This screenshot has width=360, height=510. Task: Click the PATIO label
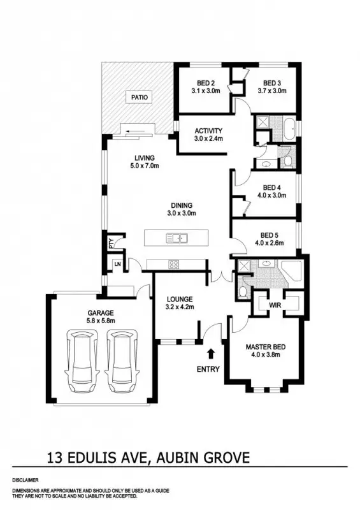click(x=140, y=98)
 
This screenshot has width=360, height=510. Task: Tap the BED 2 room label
click(x=205, y=83)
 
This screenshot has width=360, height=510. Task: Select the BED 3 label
click(x=272, y=83)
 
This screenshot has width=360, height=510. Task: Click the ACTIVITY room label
click(x=208, y=131)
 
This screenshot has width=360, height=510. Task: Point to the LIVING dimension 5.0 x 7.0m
click(x=145, y=166)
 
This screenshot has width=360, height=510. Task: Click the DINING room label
click(x=181, y=205)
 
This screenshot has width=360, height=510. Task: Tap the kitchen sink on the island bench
click(x=176, y=238)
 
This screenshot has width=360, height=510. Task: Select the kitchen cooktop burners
click(x=173, y=264)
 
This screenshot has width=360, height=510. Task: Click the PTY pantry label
click(x=111, y=242)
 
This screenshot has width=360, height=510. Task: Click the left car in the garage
click(x=83, y=361)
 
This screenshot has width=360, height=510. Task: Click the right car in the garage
click(x=122, y=361)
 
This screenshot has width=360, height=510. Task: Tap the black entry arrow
click(x=212, y=353)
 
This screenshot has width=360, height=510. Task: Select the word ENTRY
click(x=208, y=369)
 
